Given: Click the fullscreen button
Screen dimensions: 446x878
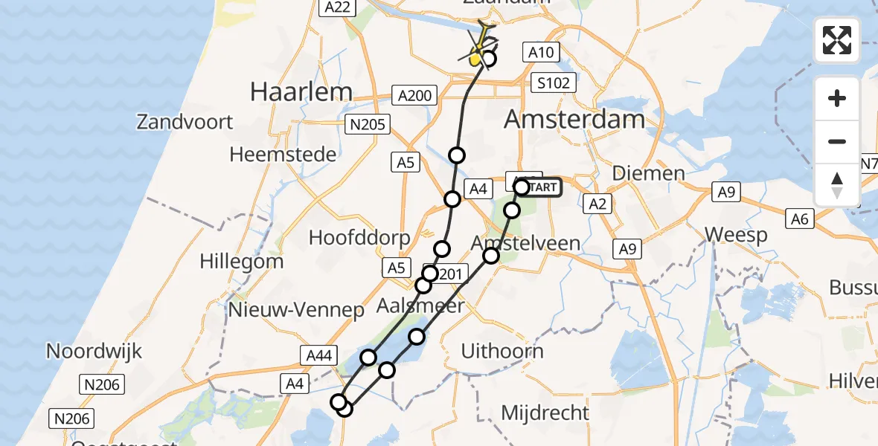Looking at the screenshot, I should [x=837, y=39].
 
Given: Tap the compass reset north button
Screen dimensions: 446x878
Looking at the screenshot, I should [x=837, y=185].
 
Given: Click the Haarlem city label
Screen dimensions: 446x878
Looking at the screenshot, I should [x=301, y=91].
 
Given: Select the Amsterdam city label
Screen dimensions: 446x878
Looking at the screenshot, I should [x=574, y=119].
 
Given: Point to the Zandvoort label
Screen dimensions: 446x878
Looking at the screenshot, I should [x=185, y=122].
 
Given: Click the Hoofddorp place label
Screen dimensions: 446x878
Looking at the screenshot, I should [x=359, y=238].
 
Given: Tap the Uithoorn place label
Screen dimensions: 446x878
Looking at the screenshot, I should [x=502, y=351].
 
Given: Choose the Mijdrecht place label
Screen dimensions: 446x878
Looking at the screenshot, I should [x=545, y=413].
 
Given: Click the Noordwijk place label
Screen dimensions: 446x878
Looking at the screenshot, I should [x=94, y=351].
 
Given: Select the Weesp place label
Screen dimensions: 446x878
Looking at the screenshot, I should [x=736, y=235].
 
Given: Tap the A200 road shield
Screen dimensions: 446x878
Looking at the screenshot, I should [x=414, y=95].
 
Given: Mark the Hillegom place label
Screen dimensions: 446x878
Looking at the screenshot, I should [x=242, y=262].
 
